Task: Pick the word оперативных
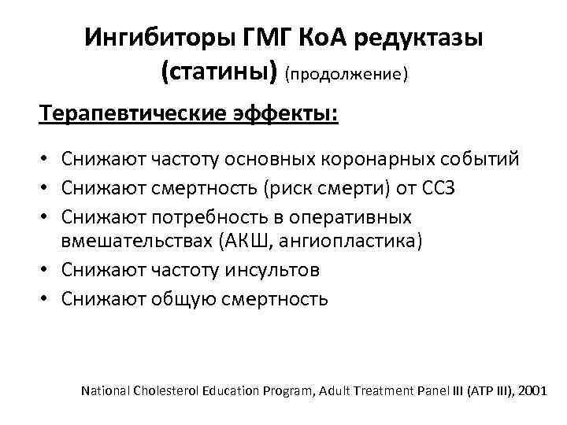(371, 216)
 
